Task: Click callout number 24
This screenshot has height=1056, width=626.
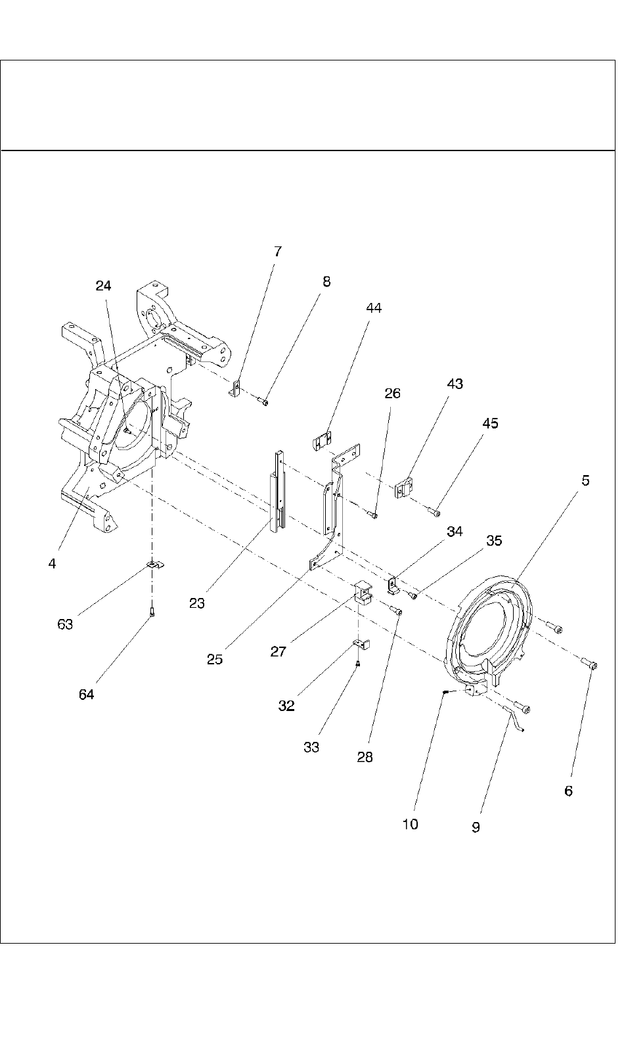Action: tap(103, 286)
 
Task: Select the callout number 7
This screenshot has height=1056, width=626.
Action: tap(277, 252)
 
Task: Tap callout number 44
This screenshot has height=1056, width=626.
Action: tap(373, 308)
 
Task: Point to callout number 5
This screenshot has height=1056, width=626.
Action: tap(585, 480)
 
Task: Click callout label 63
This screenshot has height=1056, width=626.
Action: tap(65, 624)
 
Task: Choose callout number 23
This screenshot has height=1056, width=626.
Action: tap(197, 603)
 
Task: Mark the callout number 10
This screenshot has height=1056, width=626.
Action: tap(410, 825)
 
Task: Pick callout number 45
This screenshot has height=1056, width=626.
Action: tap(490, 423)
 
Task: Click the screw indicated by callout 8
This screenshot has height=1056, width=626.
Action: tap(263, 401)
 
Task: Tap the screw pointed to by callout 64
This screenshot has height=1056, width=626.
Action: tap(152, 612)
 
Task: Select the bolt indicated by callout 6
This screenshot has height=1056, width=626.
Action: tap(591, 665)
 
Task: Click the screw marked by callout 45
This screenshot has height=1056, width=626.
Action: tap(436, 513)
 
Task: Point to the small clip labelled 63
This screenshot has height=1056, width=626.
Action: tap(155, 564)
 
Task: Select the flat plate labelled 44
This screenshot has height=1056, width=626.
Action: tap(322, 440)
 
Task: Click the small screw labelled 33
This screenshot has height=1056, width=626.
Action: tap(358, 664)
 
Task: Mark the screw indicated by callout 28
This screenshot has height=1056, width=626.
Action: tap(397, 611)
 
